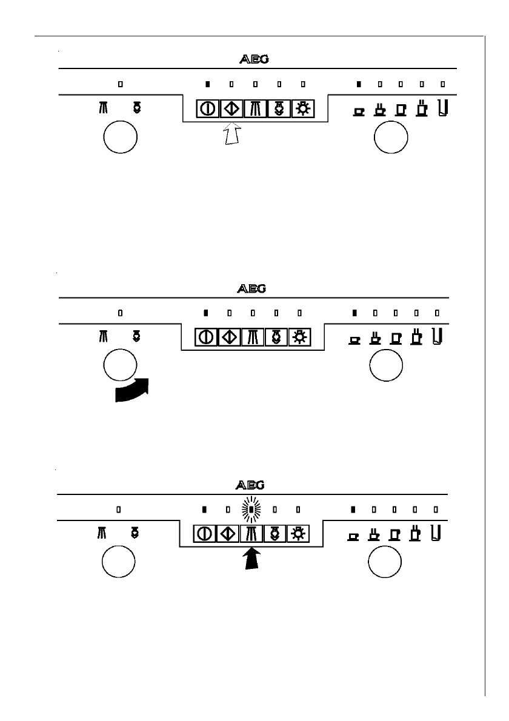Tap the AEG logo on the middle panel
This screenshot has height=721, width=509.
click(251, 288)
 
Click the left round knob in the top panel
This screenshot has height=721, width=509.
click(121, 138)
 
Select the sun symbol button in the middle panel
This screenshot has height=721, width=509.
click(298, 338)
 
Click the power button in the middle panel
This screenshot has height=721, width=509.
click(205, 338)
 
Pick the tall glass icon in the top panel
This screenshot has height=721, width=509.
click(442, 108)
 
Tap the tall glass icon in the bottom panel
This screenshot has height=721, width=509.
click(436, 533)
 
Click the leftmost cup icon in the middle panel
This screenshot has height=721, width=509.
click(354, 339)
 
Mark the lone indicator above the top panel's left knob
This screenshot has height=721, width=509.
click(120, 84)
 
